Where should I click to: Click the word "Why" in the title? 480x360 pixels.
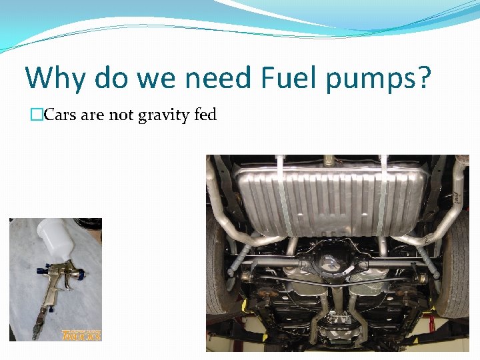pyautogui.click(x=55, y=79)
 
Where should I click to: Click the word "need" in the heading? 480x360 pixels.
pyautogui.click(x=214, y=79)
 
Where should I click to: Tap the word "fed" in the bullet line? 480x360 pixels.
pyautogui.click(x=205, y=115)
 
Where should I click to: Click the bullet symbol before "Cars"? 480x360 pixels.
pyautogui.click(x=37, y=115)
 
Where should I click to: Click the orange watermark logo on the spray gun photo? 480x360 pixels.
pyautogui.click(x=81, y=335)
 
